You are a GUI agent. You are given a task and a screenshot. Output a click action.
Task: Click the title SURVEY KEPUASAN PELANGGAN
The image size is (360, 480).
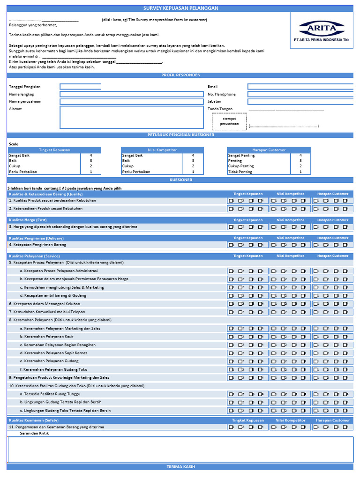click(180, 8)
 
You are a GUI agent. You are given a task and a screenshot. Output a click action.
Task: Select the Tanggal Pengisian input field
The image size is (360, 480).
click(80, 87)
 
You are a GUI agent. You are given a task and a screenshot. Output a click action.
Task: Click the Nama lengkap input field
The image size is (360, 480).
click(131, 94)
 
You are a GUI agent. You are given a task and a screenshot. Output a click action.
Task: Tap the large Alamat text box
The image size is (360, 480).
click(131, 117)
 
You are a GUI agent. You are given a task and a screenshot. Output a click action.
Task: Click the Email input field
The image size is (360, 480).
click(300, 87)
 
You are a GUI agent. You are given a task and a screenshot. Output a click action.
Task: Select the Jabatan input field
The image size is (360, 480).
click(300, 101)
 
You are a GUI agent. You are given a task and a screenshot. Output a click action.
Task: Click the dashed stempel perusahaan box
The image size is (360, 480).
click(229, 121)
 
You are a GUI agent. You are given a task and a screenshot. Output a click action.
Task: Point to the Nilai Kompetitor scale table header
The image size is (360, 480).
click(163, 150)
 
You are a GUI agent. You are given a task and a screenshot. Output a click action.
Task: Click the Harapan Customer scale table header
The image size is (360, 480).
click(269, 150)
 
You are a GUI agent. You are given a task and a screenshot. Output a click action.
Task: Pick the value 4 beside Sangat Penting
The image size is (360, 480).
click(300, 155)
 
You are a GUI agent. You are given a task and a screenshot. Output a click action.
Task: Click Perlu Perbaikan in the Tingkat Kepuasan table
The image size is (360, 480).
click(23, 172)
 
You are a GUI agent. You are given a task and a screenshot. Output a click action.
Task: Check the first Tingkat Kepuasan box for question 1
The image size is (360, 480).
click(231, 201)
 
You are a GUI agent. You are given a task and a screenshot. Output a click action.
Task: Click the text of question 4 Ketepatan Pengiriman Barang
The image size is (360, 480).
click(37, 245)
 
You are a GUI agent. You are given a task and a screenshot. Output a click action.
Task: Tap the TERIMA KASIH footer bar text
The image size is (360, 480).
click(180, 467)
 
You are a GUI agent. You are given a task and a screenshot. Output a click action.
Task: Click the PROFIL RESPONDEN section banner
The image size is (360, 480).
click(180, 75)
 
